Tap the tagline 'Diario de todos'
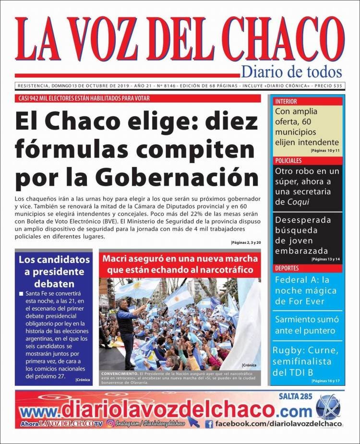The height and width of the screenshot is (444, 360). pyautogui.click(x=291, y=72)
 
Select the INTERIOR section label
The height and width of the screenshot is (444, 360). pyautogui.click(x=286, y=102)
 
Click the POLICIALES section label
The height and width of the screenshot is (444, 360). pyautogui.click(x=289, y=161)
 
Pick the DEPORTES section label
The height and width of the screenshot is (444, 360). pyautogui.click(x=288, y=268)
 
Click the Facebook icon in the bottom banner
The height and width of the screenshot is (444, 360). pyautogui.click(x=209, y=424)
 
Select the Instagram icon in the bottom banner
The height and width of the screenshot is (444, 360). pyautogui.click(x=110, y=423)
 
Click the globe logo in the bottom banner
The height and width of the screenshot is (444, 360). pyautogui.click(x=328, y=407)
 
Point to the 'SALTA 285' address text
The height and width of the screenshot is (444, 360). pyautogui.click(x=295, y=396)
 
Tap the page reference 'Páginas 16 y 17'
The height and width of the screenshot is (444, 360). pyautogui.click(x=325, y=381)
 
